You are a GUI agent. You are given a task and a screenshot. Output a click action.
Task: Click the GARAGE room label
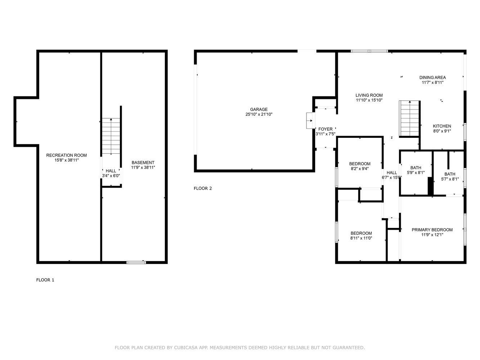[x=259, y=109]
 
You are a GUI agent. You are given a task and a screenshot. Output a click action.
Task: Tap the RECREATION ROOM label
[x=67, y=155]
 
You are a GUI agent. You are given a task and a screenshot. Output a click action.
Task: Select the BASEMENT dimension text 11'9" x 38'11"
[x=143, y=167]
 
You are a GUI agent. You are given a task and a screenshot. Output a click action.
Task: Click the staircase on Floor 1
[x=111, y=136]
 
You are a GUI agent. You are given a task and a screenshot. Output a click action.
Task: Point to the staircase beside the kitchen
[x=409, y=118]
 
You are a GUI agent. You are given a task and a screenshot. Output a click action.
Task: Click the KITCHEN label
[x=442, y=126]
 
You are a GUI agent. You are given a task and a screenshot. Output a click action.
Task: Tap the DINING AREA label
[x=432, y=77]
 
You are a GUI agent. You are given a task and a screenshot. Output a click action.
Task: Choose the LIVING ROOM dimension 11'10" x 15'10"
[x=369, y=100]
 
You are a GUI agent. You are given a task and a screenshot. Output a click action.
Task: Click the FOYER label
[x=326, y=129]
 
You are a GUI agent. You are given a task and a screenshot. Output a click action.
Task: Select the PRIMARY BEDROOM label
[x=432, y=230]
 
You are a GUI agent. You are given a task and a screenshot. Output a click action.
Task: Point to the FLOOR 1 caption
[x=45, y=280]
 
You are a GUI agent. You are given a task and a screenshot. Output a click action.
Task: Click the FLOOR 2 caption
[x=203, y=188]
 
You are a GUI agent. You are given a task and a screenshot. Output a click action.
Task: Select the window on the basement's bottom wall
[x=136, y=262]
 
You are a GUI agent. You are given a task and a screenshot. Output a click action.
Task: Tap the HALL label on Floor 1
[x=111, y=171]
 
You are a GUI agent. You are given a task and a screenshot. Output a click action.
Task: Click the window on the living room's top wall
[x=369, y=51]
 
